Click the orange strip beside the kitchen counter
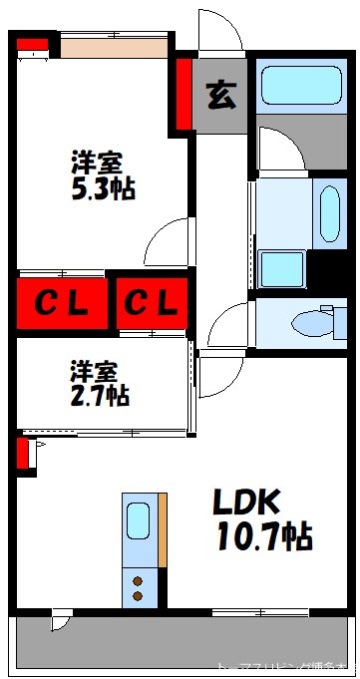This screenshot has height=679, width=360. (163, 528)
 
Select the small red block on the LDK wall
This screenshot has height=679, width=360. (22, 454)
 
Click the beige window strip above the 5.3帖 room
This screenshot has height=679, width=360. (112, 46)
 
